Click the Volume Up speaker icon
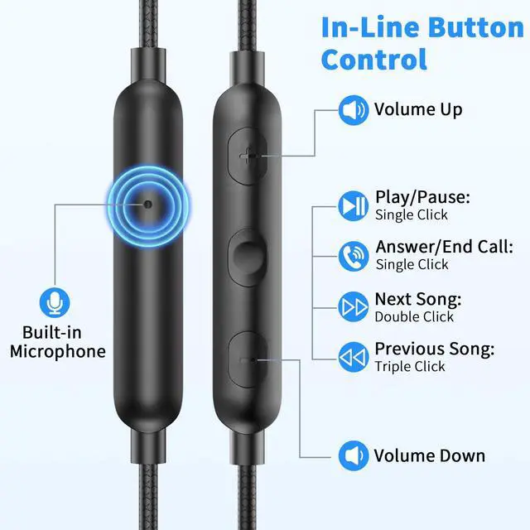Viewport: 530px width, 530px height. (354, 110)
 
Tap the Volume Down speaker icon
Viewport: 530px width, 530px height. (354, 455)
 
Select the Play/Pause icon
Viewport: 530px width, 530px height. (354, 206)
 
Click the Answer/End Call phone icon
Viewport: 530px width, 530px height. (354, 256)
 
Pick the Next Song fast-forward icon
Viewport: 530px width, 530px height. (354, 307)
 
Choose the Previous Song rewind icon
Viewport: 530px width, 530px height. (354, 357)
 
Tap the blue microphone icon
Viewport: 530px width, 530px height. (55, 302)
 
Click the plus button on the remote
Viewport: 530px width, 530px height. (248, 157)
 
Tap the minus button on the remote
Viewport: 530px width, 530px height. (248, 360)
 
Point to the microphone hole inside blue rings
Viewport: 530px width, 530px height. (148, 205)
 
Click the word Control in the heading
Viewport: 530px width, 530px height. (374, 60)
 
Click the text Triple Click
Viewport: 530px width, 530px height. (410, 366)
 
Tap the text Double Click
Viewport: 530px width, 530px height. (414, 316)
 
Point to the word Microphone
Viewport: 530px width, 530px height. (58, 351)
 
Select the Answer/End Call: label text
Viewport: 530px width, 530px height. (444, 247)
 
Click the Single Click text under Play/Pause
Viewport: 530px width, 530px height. (412, 215)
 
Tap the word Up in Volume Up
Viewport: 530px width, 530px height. (450, 110)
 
